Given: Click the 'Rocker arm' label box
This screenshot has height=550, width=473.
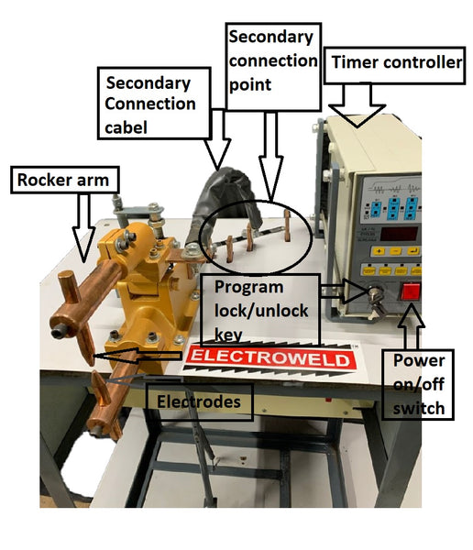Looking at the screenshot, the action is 65,180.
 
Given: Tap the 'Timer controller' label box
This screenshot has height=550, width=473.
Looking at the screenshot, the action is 395,65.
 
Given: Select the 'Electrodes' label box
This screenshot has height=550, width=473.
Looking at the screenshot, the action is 199,402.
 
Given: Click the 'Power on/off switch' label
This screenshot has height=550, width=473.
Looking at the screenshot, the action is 418,384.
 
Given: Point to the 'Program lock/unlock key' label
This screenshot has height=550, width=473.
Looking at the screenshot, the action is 260,311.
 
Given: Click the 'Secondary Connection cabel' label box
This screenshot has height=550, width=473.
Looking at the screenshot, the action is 154,104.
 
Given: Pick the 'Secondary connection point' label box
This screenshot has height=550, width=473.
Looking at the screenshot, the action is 273,67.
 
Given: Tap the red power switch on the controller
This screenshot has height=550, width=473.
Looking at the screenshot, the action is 410,291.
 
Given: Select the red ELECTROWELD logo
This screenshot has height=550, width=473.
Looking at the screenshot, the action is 270,358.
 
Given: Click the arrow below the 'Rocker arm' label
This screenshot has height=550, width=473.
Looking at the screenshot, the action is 83,228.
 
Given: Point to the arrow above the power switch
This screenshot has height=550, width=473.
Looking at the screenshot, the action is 411,327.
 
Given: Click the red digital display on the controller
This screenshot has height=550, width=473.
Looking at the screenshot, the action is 399,234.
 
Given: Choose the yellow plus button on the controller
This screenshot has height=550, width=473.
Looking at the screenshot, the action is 379,251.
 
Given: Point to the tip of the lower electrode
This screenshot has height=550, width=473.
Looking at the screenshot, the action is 94,372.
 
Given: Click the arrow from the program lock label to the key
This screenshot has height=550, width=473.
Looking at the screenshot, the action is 345,291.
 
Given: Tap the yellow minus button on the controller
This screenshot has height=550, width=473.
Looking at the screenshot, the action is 395,251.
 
